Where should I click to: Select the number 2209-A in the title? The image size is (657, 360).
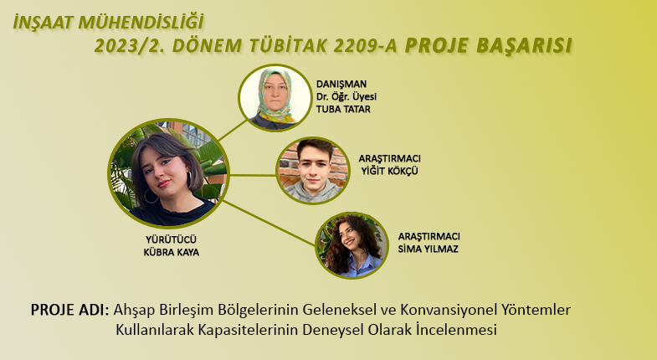[x=365, y=46]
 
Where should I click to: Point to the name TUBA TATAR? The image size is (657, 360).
[x=343, y=110]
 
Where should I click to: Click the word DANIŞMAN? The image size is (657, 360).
[x=341, y=85]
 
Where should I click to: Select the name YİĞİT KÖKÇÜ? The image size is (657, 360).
[x=390, y=171]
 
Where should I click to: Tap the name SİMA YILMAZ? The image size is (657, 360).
[x=429, y=249]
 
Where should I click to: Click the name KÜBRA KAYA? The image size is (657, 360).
[x=171, y=252]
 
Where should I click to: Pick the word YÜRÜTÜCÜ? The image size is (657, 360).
[x=171, y=239]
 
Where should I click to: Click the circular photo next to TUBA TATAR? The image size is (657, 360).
[x=275, y=98]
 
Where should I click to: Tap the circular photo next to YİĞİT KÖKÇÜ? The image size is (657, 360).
[x=313, y=171]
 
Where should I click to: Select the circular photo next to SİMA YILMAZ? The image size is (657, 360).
[x=352, y=245]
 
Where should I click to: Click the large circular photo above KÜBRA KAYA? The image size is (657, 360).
[x=168, y=173]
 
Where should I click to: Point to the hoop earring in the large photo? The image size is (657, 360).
[x=150, y=196]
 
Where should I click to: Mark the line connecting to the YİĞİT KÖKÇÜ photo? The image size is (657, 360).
[x=253, y=175]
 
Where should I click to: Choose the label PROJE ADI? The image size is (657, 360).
[x=69, y=310]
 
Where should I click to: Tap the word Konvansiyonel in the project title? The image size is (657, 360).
[x=449, y=310]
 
